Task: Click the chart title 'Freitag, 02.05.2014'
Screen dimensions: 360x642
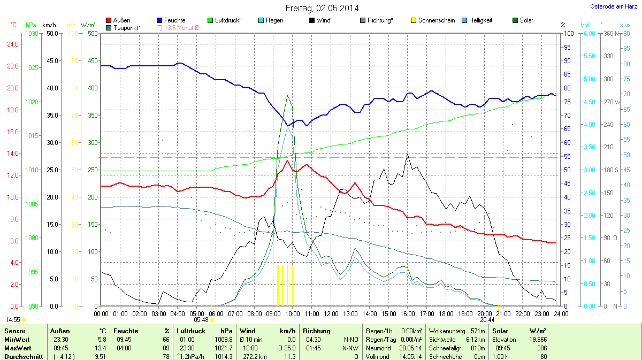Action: [322, 8]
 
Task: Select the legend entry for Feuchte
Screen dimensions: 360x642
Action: [171, 20]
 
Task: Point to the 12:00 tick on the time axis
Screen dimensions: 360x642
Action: [331, 313]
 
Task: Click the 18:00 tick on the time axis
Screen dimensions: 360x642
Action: [446, 313]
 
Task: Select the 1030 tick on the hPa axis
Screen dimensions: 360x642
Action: [32, 34]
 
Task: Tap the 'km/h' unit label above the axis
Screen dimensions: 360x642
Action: [49, 25]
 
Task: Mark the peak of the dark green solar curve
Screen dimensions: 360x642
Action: [288, 96]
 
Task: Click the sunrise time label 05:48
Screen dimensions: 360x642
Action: [201, 319]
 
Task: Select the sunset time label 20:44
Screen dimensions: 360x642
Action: [487, 319]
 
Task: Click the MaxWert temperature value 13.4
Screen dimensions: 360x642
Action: [101, 348]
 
